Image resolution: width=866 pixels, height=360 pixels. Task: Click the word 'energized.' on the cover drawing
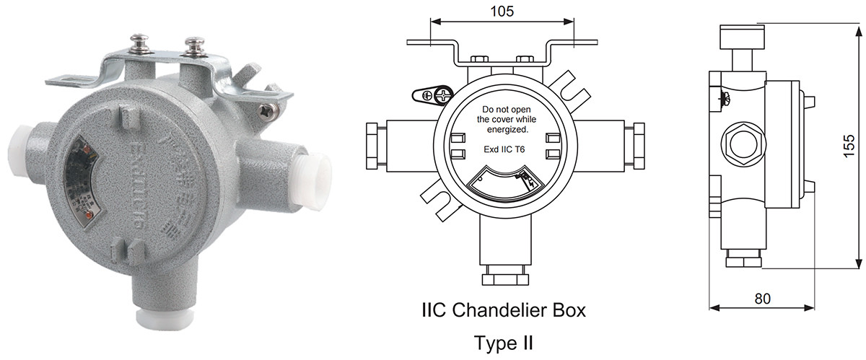click(x=504, y=130)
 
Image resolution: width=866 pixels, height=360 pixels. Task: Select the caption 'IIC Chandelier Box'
click(x=504, y=311)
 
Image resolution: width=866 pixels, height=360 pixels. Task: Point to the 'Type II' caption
click(x=504, y=341)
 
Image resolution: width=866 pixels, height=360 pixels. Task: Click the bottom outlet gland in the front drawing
click(x=504, y=276)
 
